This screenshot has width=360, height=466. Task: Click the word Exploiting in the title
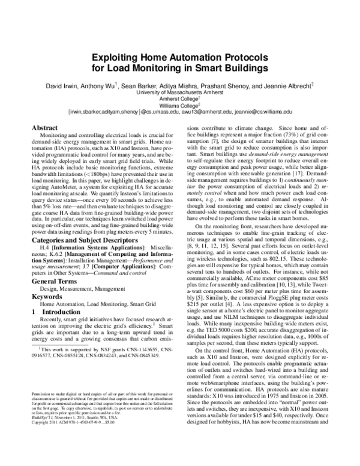click(x=115, y=58)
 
